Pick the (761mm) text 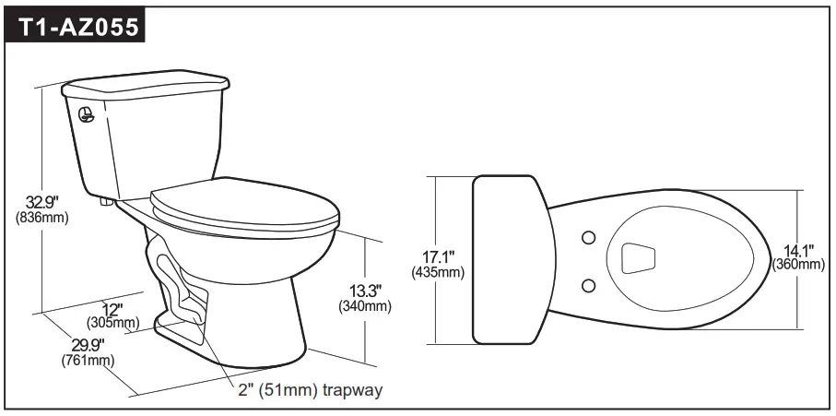pyautogui.click(x=88, y=360)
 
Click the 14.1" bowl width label pyautogui.click(x=797, y=249)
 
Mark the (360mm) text pyautogui.click(x=798, y=265)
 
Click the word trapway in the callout pyautogui.click(x=351, y=390)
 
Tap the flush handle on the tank pyautogui.click(x=85, y=117)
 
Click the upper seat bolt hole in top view pyautogui.click(x=589, y=239)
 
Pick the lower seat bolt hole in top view pyautogui.click(x=589, y=283)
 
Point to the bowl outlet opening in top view pyautogui.click(x=641, y=258)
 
